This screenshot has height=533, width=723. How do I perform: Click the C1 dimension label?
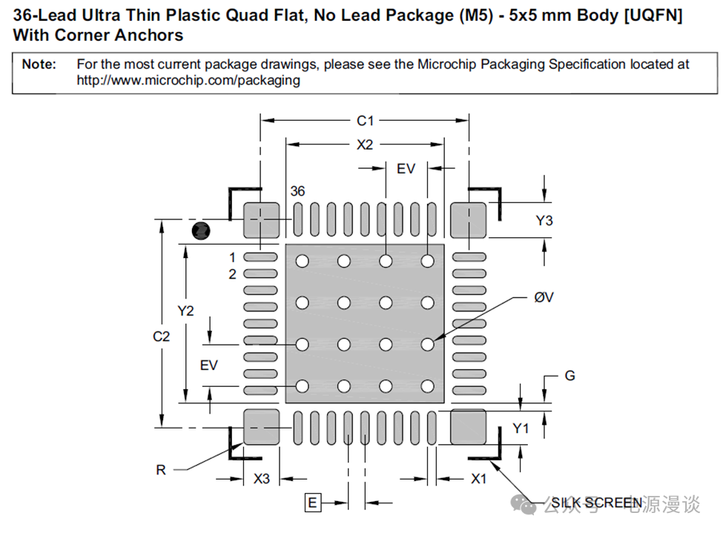(365, 120)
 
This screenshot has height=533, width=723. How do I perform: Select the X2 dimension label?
(365, 145)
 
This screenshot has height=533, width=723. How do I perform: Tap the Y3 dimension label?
(544, 220)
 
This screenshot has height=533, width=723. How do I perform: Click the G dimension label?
(570, 376)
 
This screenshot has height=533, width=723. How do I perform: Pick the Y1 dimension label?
(521, 429)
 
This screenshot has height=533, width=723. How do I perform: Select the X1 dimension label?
(479, 479)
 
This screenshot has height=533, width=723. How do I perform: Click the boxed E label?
(313, 503)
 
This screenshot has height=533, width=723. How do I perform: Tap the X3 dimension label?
(262, 479)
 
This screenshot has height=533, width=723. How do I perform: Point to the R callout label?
(161, 470)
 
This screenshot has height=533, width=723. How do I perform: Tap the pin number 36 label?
(297, 191)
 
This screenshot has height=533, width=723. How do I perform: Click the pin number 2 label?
(232, 274)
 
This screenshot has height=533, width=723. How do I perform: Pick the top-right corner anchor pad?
(469, 219)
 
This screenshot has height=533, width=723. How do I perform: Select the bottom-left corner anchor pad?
(262, 426)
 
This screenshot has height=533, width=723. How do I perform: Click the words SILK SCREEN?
(597, 503)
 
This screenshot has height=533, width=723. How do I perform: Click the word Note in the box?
(39, 64)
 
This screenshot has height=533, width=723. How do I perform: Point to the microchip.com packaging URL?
(188, 80)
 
